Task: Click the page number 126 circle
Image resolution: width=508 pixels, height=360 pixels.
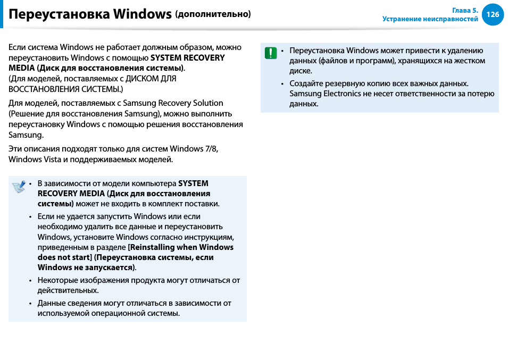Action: click(493, 14)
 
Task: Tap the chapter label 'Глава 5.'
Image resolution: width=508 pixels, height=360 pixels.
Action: click(465, 10)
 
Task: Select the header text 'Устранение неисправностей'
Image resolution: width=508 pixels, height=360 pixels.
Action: click(430, 19)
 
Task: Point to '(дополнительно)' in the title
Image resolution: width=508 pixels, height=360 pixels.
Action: click(213, 14)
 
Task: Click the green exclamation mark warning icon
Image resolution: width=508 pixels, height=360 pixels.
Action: click(271, 52)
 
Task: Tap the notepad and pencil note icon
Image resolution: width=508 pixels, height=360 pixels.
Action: click(19, 186)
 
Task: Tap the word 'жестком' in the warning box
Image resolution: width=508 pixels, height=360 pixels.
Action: click(472, 61)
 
